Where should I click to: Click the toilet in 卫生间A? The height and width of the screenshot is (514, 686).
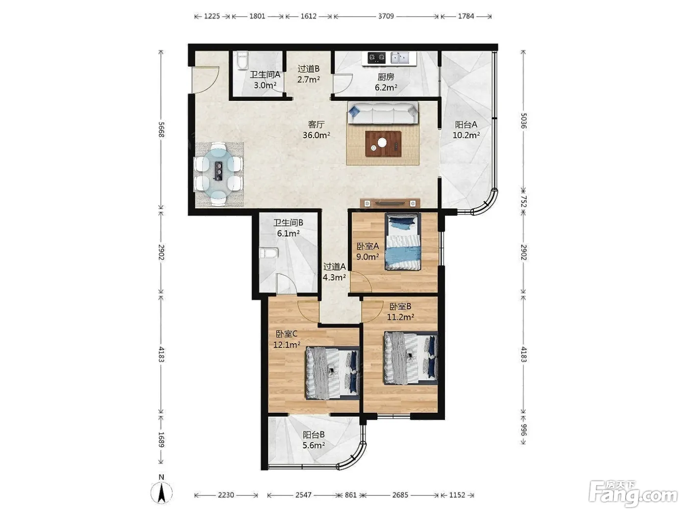(243, 60)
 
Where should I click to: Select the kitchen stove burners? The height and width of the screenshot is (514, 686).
(376, 57)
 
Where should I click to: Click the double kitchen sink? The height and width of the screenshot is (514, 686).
(400, 57)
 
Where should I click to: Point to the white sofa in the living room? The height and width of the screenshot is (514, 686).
(383, 113)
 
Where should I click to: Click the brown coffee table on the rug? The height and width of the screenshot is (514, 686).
(383, 144)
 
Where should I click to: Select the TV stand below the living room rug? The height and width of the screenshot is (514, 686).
(390, 203)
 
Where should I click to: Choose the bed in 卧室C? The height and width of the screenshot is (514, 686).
(333, 373)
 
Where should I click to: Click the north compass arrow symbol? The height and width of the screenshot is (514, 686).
(161, 492)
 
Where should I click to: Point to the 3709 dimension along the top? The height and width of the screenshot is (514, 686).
(386, 16)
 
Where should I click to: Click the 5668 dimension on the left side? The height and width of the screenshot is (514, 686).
(161, 130)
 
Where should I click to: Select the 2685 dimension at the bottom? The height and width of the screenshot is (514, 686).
(400, 495)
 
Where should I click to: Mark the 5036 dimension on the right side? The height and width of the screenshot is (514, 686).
(523, 121)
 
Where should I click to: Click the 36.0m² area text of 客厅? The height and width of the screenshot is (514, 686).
(316, 135)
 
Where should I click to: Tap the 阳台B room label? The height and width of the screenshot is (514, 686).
(314, 434)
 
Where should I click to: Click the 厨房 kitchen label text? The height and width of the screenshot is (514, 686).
(386, 77)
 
